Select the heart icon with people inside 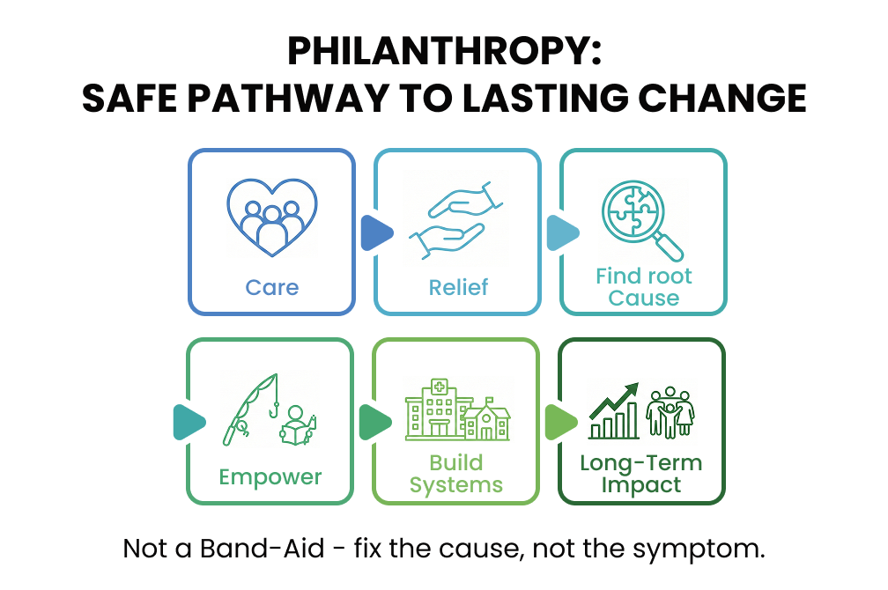272,216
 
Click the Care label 272,287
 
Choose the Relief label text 458,287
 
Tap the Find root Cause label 643,287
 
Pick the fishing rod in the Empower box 250,408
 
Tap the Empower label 270,477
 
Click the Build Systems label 456,474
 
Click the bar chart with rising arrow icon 614,412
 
